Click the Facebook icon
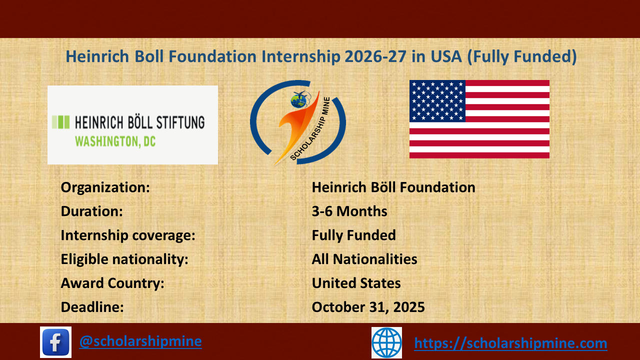[55, 342]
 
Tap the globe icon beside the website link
[386, 342]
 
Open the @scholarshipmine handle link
[140, 341]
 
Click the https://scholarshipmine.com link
[510, 343]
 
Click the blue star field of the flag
[437, 101]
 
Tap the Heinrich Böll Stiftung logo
[132, 125]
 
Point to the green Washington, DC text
[115, 141]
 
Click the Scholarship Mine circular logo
[298, 122]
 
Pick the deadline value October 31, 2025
[368, 307]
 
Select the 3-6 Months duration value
[349, 211]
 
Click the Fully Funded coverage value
[353, 235]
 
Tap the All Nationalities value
[364, 259]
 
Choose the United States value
[356, 283]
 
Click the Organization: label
[105, 187]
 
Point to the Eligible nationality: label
[124, 259]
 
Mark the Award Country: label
[112, 283]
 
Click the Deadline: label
[92, 307]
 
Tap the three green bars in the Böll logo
[61, 121]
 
